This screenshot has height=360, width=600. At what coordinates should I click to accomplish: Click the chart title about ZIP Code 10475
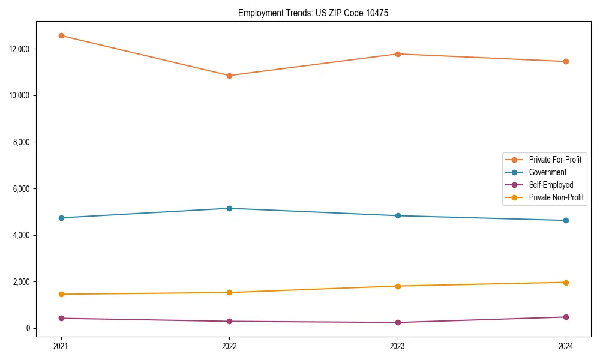point(313,13)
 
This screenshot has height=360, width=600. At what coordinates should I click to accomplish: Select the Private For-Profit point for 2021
point(61,35)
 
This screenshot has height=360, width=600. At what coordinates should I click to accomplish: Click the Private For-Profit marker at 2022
point(229,76)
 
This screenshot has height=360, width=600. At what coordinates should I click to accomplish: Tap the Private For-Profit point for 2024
point(566,61)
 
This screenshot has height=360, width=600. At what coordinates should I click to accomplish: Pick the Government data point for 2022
point(229,208)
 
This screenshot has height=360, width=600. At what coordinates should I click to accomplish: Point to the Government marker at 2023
point(398,215)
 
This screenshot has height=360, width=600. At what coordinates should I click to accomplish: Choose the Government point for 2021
point(61,218)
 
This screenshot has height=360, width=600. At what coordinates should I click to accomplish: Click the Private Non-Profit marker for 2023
point(398,286)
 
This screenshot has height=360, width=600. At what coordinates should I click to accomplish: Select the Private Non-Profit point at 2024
point(566,283)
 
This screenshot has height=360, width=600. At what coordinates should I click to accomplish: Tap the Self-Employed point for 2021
point(61,318)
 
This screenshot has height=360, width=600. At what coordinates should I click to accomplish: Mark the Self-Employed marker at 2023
point(398,322)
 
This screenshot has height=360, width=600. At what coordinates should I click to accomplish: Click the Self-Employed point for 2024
point(566,317)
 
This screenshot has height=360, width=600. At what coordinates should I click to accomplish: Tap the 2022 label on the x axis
point(229,346)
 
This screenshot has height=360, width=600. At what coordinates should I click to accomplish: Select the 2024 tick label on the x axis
point(566,346)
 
